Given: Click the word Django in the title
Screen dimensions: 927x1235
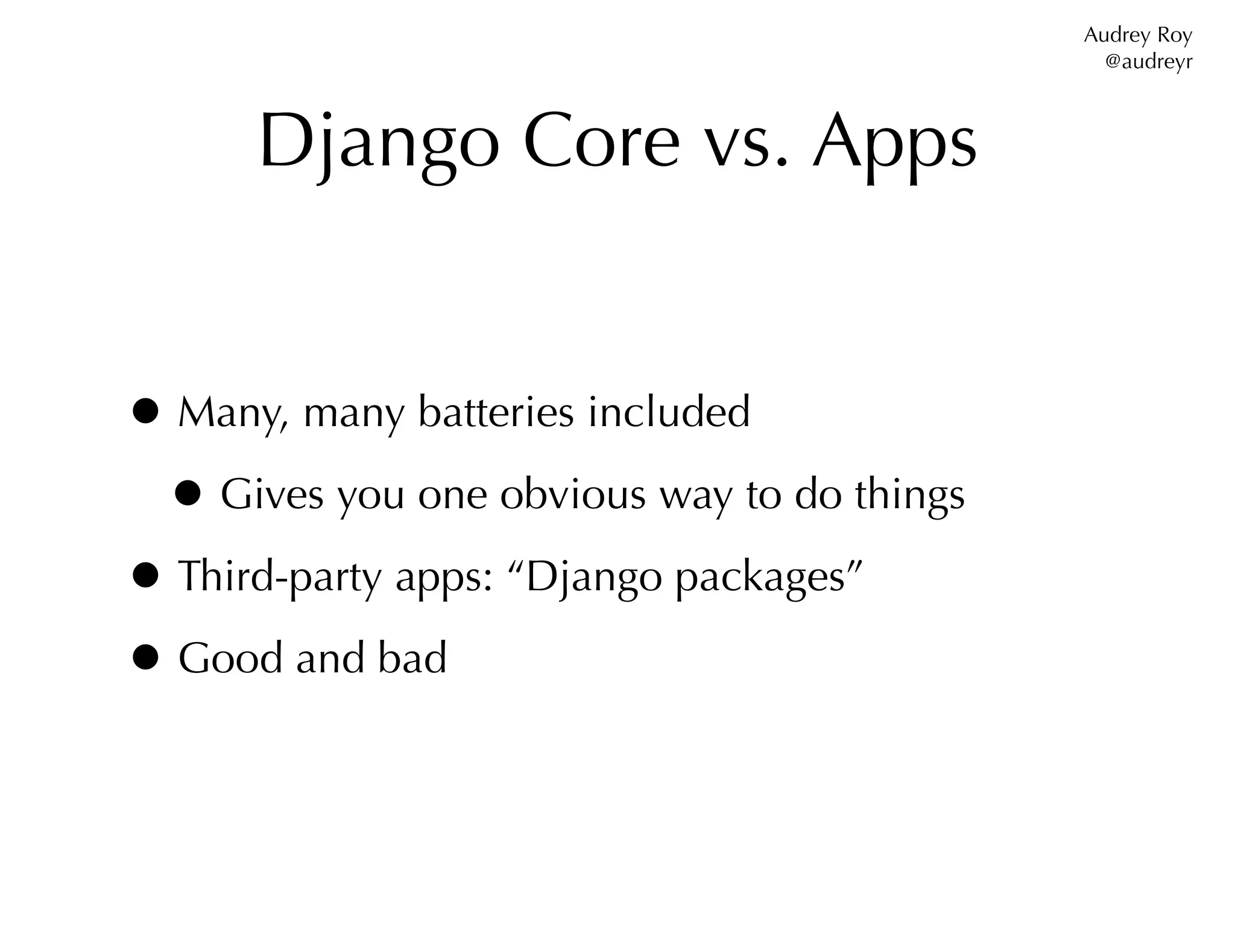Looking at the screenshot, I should click(x=379, y=144).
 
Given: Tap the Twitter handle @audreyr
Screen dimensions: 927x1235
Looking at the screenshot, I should click(x=1148, y=62).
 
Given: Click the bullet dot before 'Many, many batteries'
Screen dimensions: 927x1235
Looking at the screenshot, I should click(x=145, y=412).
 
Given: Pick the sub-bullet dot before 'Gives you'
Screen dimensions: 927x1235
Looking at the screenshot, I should click(x=188, y=494).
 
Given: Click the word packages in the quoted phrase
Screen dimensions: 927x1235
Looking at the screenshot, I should click(x=760, y=578).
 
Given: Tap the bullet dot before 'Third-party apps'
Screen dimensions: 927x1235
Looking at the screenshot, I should click(x=145, y=575).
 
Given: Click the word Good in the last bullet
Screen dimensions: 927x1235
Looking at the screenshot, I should click(x=230, y=657).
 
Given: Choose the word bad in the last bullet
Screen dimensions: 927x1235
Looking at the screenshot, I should click(x=412, y=657).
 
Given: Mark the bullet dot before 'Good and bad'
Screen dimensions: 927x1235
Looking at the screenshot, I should click(x=145, y=657).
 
